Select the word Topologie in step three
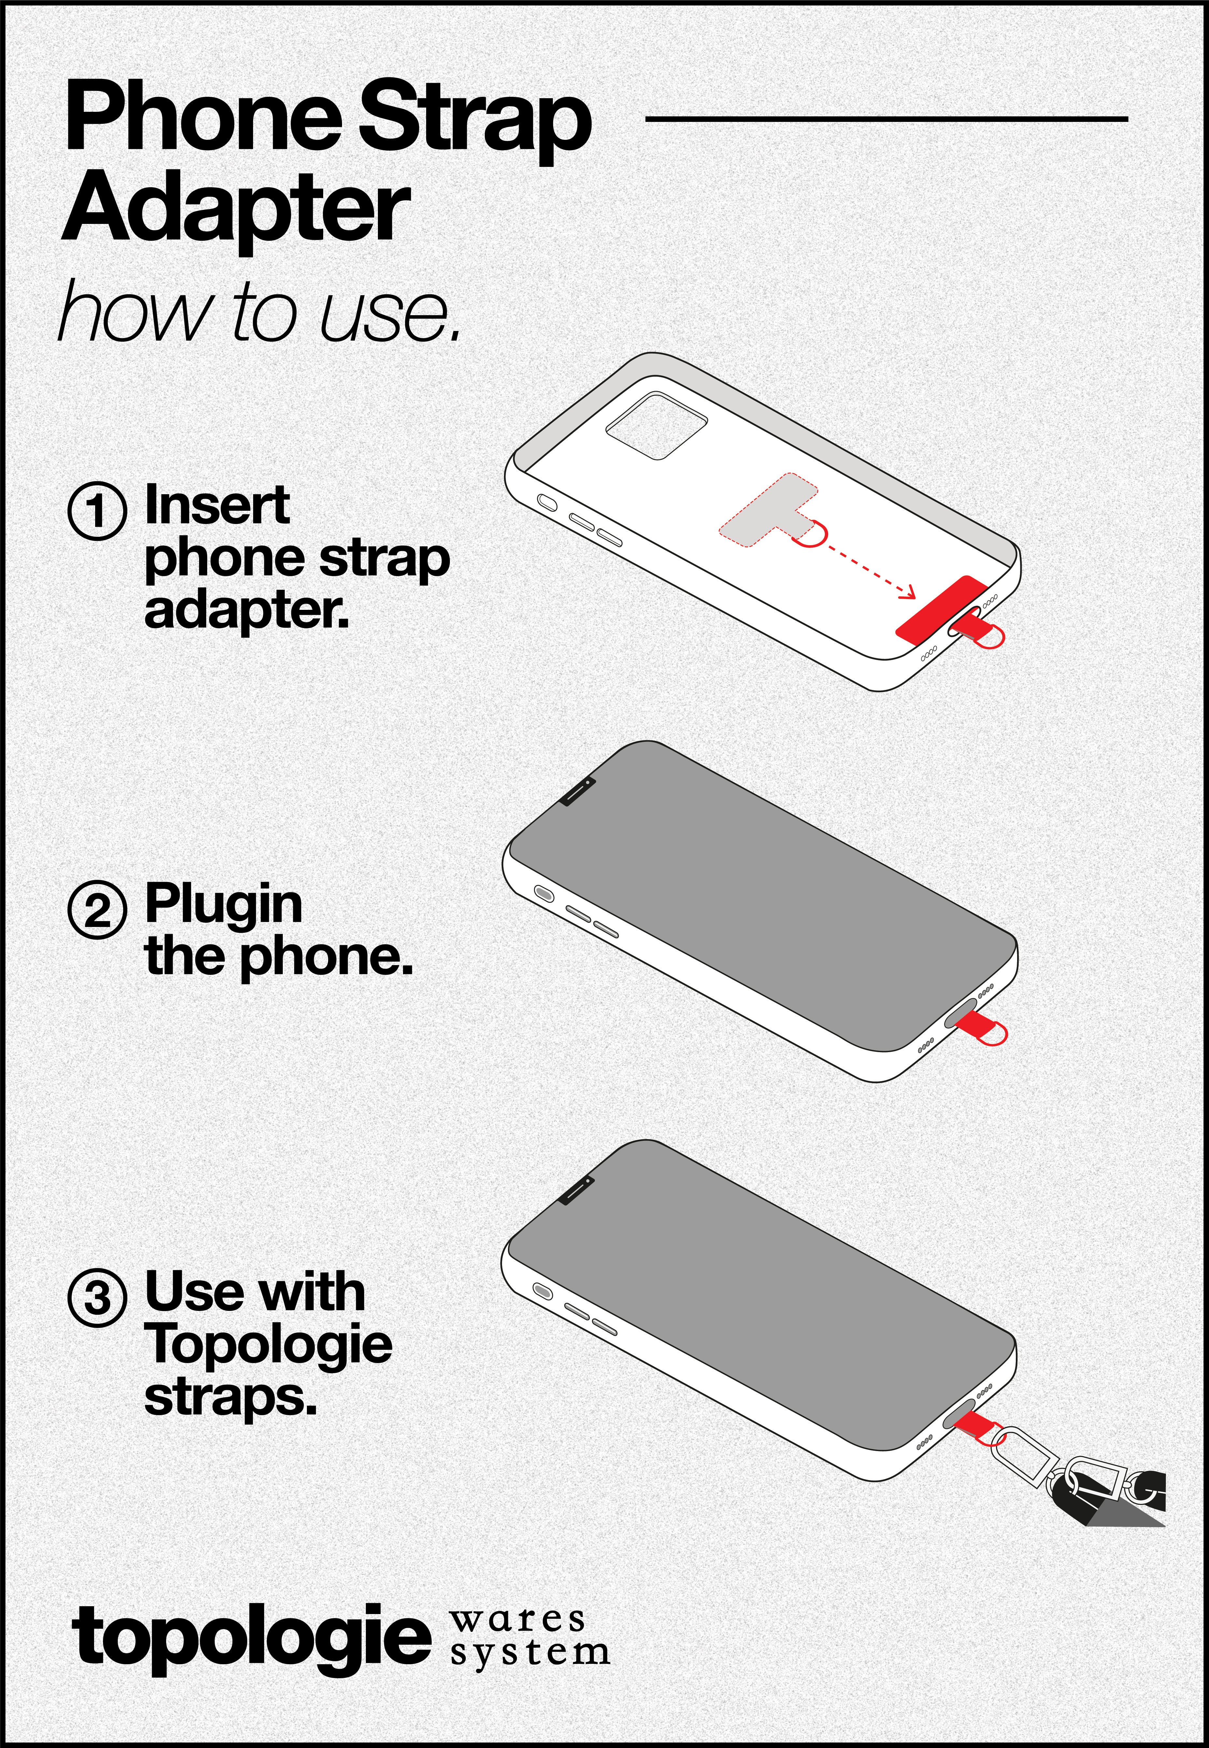(x=268, y=1344)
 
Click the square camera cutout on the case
(x=656, y=425)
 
